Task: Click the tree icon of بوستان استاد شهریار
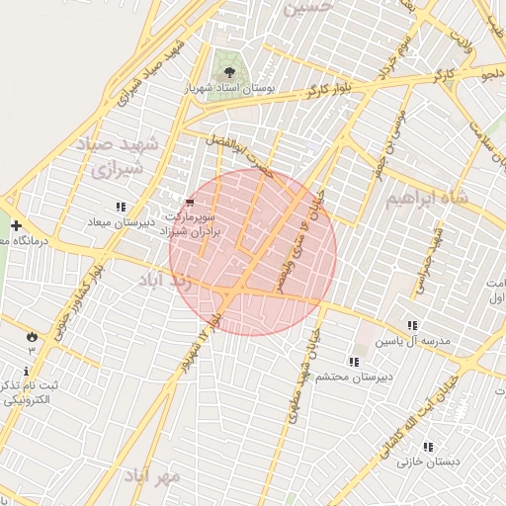230,72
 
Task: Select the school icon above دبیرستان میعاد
121,207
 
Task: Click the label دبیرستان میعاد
116,222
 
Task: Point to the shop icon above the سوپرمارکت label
190,201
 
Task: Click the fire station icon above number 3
31,336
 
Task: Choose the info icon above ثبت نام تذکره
26,370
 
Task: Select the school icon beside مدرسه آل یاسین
412,325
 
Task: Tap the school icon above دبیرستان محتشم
354,362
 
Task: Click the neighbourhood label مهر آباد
152,475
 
